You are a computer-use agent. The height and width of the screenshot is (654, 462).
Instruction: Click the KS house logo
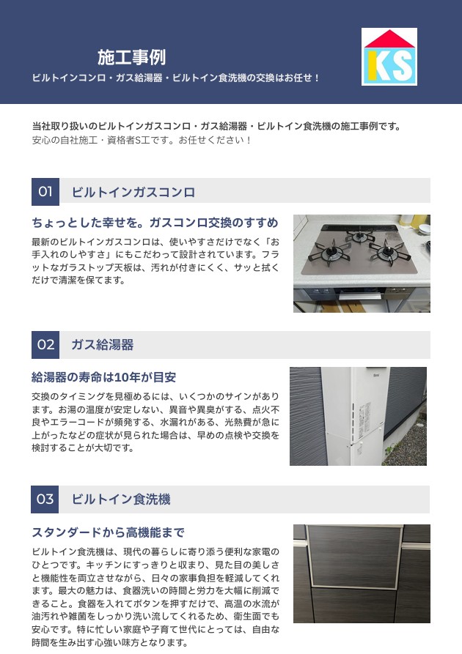[389, 56]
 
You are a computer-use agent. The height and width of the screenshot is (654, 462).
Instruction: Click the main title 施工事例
[131, 57]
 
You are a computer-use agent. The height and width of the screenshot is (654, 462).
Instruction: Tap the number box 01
[45, 192]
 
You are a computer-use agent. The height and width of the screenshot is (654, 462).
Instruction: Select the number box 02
[45, 345]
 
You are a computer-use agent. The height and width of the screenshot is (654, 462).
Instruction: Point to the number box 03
[45, 499]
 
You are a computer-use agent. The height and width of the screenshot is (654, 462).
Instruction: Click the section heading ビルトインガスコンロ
[133, 193]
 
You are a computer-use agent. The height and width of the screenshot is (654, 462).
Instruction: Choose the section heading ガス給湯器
[103, 345]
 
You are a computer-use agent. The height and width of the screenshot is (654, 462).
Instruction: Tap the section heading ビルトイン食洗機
[121, 499]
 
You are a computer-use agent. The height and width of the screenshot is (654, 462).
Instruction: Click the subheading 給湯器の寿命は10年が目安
[104, 377]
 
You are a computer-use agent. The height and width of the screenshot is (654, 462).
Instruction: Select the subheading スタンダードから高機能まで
[109, 532]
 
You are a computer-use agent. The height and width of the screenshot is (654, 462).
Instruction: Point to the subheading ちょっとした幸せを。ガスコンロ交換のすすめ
[155, 223]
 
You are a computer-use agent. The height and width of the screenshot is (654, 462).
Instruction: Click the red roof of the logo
[389, 39]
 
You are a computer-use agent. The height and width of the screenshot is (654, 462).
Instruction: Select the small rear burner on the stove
[359, 237]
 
